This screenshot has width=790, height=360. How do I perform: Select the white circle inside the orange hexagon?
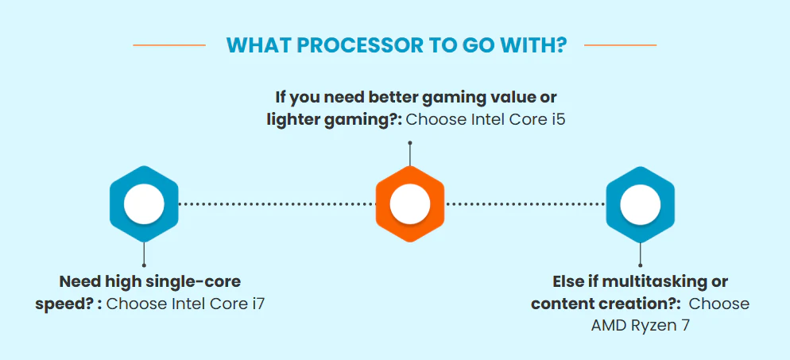pyautogui.click(x=410, y=203)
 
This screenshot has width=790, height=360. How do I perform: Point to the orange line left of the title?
pyautogui.click(x=168, y=45)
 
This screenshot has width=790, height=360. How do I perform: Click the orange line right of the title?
pyautogui.click(x=620, y=45)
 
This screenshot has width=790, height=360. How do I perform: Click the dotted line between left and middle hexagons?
pyautogui.click(x=277, y=204)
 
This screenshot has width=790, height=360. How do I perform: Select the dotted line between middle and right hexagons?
pyautogui.click(x=525, y=204)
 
